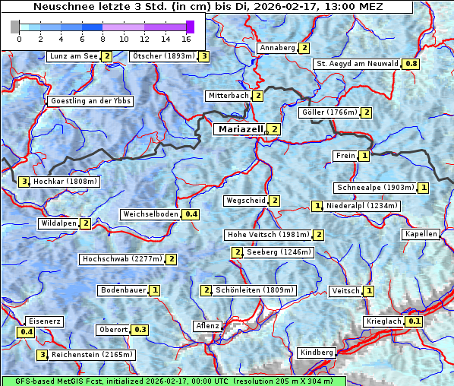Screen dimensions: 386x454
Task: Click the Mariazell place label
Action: [x=240, y=129]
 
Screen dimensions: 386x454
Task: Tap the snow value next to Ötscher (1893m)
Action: [x=204, y=56]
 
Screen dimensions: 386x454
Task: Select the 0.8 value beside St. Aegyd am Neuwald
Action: [x=411, y=64]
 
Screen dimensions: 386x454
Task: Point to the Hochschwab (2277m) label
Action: [x=122, y=259]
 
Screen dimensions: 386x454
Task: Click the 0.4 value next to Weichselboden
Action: [x=191, y=214]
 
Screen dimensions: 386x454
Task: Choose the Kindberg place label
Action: [x=317, y=353]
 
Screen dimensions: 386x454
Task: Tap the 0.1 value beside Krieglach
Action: [x=415, y=321]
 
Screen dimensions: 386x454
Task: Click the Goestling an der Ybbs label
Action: [x=90, y=101]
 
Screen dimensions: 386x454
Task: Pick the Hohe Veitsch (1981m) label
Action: [x=269, y=235]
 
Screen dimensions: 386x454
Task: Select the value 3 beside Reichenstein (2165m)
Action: [x=43, y=354]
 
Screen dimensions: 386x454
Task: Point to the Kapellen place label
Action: [x=421, y=234]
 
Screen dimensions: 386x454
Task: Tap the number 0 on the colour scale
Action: [x=20, y=38]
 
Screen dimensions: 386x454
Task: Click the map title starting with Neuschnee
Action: [x=207, y=7]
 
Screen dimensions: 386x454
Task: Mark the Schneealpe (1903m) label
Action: [x=375, y=188]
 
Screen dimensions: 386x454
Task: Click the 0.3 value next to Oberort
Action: [x=140, y=330]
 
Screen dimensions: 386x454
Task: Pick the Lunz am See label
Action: [x=73, y=56]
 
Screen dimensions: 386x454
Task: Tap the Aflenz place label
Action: [x=207, y=326]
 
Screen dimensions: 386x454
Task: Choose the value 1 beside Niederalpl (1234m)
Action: [x=317, y=206]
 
